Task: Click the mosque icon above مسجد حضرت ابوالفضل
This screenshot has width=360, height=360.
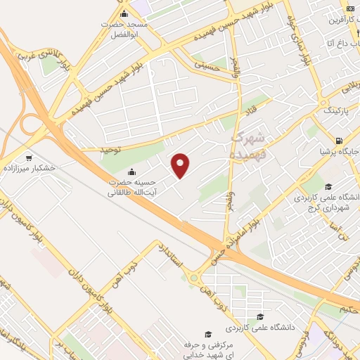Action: click(124, 14)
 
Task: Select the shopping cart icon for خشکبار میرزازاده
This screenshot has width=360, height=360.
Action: click(28, 157)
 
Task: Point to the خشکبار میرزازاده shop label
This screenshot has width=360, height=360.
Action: click(29, 169)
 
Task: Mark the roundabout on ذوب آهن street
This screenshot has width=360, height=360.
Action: click(193, 278)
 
